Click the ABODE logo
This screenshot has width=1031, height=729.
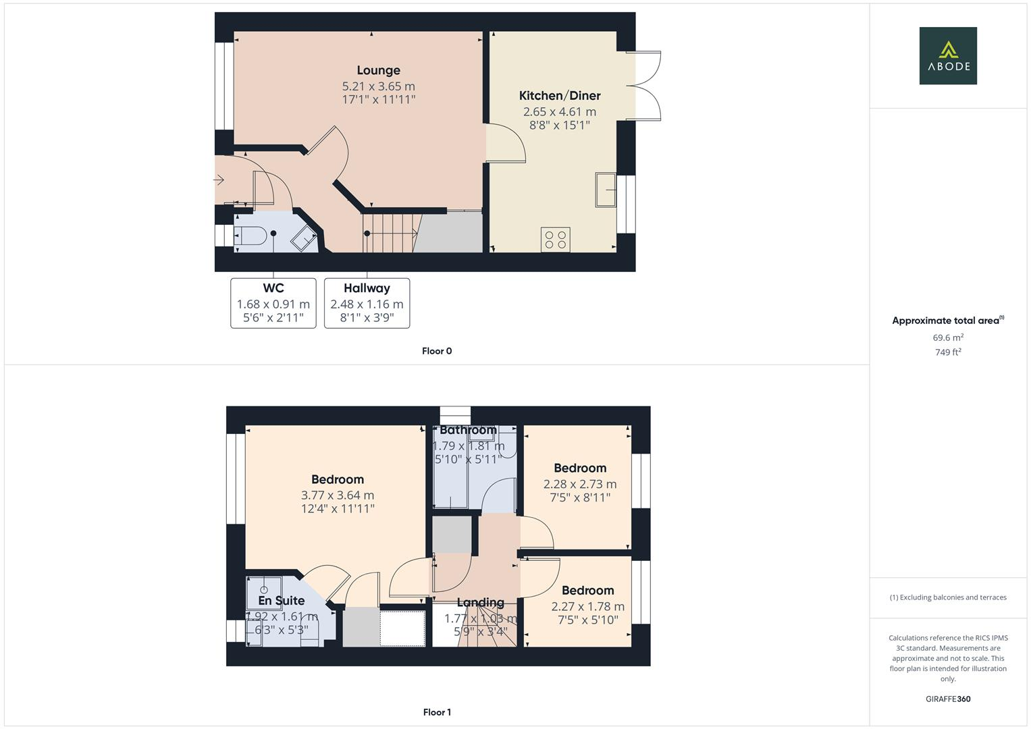(947, 55)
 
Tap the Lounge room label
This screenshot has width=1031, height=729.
(378, 70)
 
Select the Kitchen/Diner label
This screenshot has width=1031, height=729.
(560, 96)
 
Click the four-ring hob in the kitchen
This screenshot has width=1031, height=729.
(555, 240)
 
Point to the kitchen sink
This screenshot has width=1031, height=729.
(606, 189)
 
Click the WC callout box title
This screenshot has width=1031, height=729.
(273, 288)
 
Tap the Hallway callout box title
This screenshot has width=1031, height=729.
(367, 288)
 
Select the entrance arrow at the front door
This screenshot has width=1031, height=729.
(219, 180)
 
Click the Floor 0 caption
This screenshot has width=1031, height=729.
(437, 351)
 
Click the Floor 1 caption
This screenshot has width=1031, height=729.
(437, 712)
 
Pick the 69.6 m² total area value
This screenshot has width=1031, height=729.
(948, 337)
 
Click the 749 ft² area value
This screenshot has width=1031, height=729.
(948, 352)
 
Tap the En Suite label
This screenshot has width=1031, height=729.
(281, 601)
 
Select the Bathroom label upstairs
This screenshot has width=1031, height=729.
(468, 431)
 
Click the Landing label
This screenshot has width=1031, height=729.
(480, 603)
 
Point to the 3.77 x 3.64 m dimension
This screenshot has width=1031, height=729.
(338, 495)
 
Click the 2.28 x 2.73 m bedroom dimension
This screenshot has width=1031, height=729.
(580, 484)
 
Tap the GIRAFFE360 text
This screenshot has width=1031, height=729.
(948, 699)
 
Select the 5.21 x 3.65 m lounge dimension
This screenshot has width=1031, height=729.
(378, 86)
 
